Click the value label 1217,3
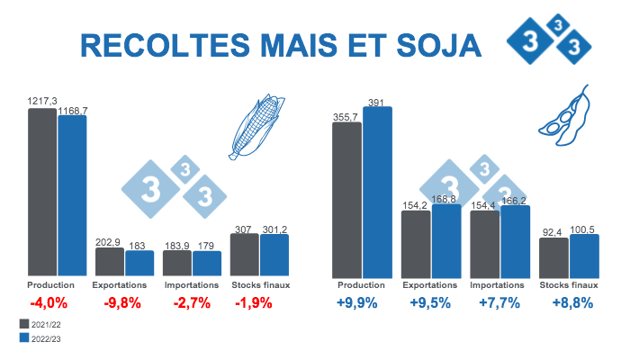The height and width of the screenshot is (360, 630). pyautogui.click(x=42, y=102)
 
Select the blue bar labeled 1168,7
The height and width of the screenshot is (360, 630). pyautogui.click(x=72, y=195)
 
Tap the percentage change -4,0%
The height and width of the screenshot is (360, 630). pyautogui.click(x=49, y=302)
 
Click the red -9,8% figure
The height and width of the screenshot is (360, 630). pyautogui.click(x=122, y=302)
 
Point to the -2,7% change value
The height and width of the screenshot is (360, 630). pyautogui.click(x=192, y=302)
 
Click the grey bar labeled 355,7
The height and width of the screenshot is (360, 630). pyautogui.click(x=347, y=199)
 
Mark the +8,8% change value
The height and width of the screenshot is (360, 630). pyautogui.click(x=572, y=302)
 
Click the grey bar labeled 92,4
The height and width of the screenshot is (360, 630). pyautogui.click(x=553, y=257)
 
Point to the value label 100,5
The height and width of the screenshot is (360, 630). pyautogui.click(x=585, y=230)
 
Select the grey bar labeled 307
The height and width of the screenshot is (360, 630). pyautogui.click(x=244, y=255)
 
